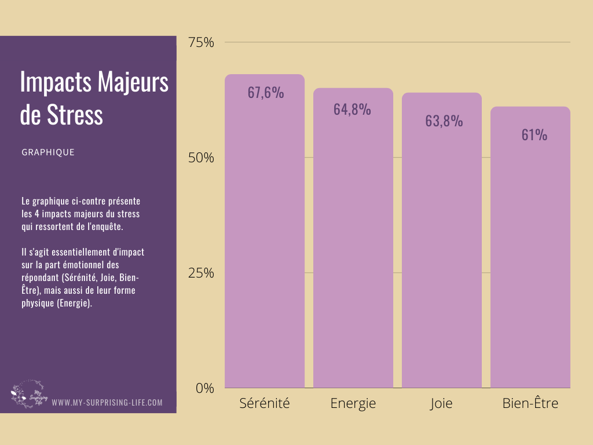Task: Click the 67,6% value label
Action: click(x=266, y=93)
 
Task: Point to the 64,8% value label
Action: click(x=352, y=109)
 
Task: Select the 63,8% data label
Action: click(x=444, y=121)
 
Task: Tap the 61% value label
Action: click(x=534, y=135)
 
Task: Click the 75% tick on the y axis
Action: click(x=201, y=42)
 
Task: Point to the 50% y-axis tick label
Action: click(x=201, y=158)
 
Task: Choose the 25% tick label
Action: click(x=201, y=273)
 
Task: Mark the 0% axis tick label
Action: click(x=204, y=388)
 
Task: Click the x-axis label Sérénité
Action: click(x=265, y=403)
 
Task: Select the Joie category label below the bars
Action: click(x=441, y=403)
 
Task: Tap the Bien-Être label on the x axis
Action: click(x=530, y=403)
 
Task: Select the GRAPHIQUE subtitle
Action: click(x=48, y=152)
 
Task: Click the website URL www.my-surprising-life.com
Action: click(x=107, y=402)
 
